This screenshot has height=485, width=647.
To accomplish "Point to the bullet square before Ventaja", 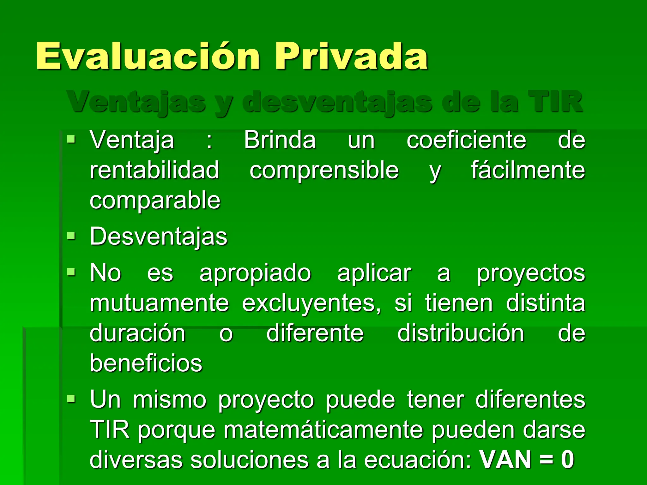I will tap(71, 139).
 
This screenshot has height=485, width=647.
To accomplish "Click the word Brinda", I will tap(280, 140).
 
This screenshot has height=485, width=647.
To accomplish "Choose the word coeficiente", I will tap(466, 140).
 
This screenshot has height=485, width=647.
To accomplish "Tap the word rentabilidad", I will tap(154, 170).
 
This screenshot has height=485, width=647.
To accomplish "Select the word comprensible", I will tap(324, 170).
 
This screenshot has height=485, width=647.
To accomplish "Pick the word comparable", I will tap(155, 200).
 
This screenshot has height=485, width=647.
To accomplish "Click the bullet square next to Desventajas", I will tap(71, 236).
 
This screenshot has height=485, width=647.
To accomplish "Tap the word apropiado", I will tap(255, 273).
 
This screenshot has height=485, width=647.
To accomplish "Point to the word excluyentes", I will tap(311, 303).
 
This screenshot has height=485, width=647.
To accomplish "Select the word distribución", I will tap(461, 333).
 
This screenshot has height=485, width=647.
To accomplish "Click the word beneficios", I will tap(146, 363).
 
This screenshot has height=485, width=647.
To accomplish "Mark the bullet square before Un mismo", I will tap(71, 399).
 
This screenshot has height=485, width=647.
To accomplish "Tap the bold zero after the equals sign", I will tap(567, 460).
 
